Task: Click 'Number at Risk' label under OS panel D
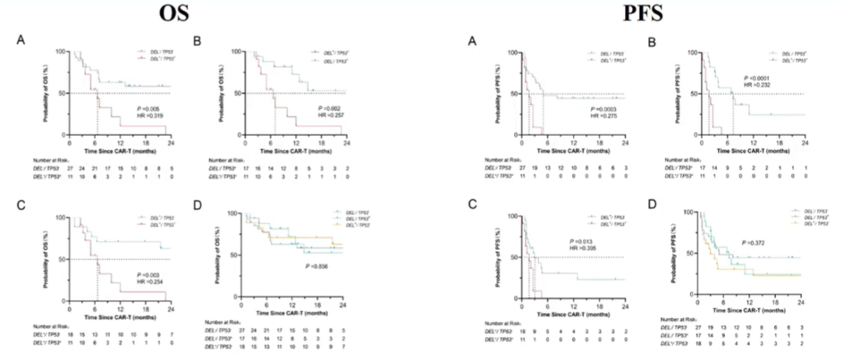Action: (221, 322)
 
